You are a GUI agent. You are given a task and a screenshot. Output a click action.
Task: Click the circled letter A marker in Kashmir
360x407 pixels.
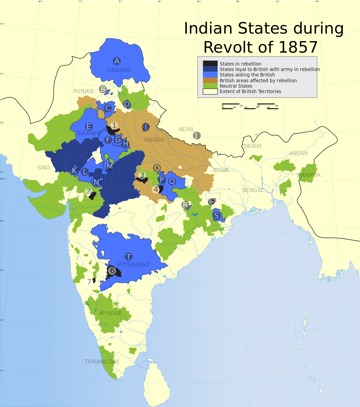tap(117, 61)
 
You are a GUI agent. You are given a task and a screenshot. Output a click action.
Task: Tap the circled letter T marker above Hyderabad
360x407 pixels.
tap(128, 257)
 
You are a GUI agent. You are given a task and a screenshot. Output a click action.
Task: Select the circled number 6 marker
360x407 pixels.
tap(112, 271)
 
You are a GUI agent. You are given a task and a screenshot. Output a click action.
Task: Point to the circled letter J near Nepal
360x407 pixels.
tap(197, 136)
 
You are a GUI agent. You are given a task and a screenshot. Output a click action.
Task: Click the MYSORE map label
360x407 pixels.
tap(110, 313)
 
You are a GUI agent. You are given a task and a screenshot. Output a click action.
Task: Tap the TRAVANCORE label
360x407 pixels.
tap(102, 361)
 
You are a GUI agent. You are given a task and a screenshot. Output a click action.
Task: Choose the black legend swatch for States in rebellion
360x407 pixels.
tap(210, 64)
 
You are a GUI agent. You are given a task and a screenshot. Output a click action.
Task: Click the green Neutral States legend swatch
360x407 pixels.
tap(210, 86)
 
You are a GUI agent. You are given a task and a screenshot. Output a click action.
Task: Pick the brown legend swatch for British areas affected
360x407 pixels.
tap(210, 81)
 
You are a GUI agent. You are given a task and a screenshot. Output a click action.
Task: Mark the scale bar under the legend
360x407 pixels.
tap(250, 106)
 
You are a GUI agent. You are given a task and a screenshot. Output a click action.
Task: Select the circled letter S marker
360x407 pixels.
tap(216, 215)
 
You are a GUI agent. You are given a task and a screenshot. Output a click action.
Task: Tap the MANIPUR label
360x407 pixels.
tap(309, 175)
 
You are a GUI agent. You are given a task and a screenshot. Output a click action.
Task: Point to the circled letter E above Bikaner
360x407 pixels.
tap(89, 127)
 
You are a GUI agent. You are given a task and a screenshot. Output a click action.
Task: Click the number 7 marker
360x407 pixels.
tap(89, 282)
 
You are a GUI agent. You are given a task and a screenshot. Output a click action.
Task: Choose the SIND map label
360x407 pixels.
tap(43, 168)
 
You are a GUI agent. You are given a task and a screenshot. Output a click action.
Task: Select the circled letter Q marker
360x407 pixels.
tap(172, 181)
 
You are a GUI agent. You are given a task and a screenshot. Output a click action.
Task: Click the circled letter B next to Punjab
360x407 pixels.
tap(103, 89)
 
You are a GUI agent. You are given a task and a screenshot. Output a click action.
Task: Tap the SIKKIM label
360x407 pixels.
tap(252, 146)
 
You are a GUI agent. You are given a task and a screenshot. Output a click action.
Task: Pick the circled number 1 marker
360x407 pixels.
tap(114, 126)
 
